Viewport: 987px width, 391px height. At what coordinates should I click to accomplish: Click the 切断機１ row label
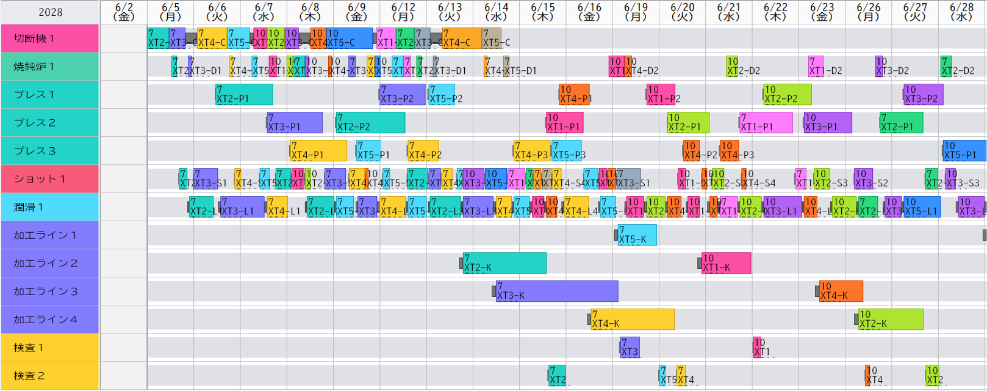[49, 38]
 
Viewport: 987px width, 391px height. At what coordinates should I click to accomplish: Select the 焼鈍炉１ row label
[49, 67]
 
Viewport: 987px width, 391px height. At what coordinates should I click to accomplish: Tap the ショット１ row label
[49, 179]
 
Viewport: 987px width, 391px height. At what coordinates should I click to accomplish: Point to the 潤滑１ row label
[49, 207]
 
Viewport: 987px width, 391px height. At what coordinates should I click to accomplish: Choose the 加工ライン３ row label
[49, 291]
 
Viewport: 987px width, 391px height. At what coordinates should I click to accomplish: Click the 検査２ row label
[49, 376]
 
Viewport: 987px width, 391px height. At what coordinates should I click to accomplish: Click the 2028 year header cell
[50, 12]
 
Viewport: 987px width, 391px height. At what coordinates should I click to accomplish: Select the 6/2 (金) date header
[124, 12]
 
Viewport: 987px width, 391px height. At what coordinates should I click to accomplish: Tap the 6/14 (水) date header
[496, 12]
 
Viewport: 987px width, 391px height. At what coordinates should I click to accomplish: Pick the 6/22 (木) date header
[775, 12]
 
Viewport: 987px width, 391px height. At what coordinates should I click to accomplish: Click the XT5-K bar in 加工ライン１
[637, 235]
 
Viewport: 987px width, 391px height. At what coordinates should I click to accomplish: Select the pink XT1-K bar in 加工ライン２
[726, 263]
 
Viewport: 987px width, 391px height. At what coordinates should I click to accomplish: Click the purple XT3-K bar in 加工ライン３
[557, 291]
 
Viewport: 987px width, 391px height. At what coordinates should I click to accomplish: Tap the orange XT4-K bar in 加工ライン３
[841, 291]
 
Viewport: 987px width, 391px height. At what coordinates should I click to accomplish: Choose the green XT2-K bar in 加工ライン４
[891, 320]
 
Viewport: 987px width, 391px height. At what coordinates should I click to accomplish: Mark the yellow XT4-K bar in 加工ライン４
[633, 320]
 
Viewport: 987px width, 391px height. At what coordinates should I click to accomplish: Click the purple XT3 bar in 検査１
[630, 348]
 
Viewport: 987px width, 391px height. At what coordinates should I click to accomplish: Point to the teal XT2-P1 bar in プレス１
[244, 95]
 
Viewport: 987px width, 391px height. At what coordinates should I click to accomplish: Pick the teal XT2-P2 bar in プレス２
[370, 123]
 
